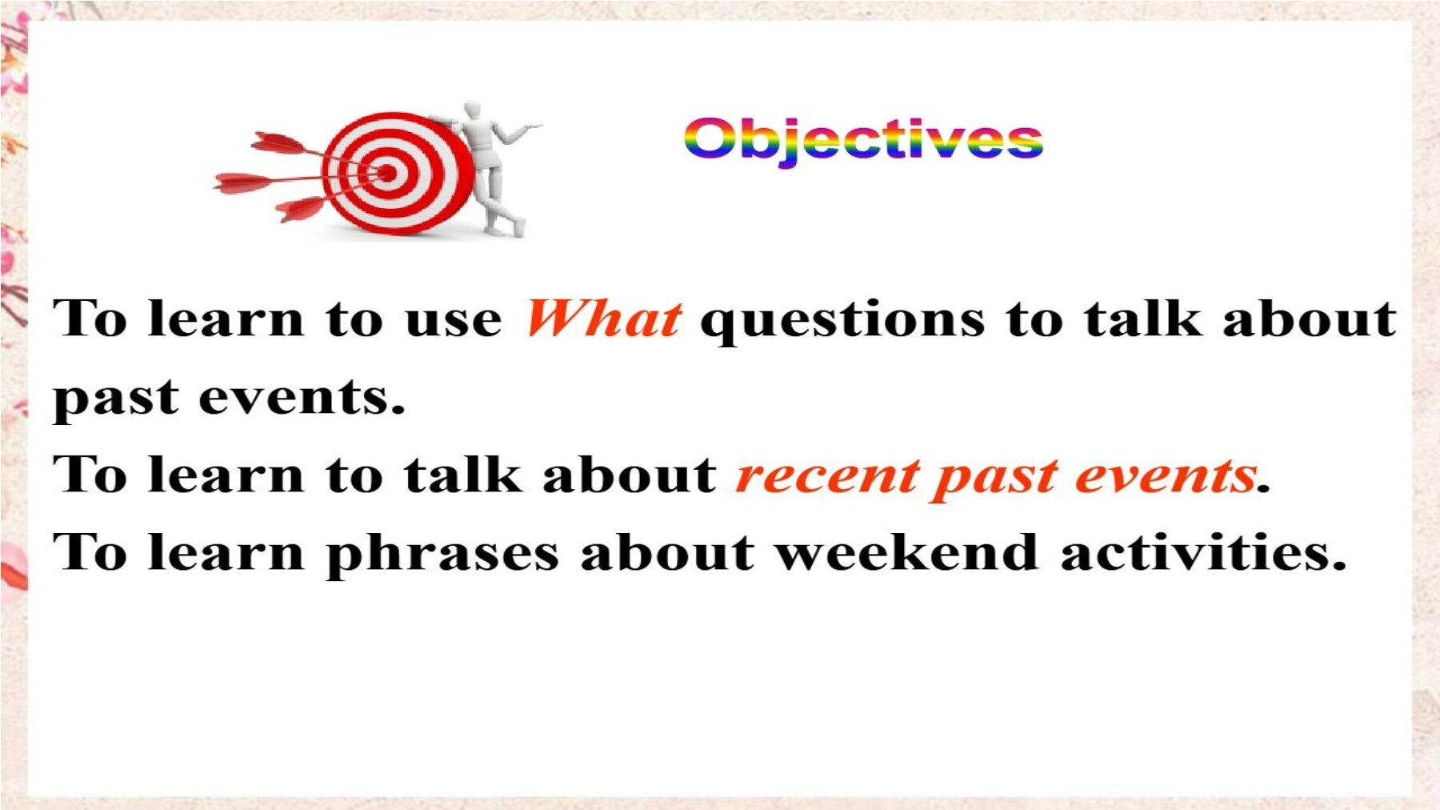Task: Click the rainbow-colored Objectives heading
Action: (x=863, y=141)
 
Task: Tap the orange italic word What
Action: (x=604, y=318)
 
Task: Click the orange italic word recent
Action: (x=827, y=475)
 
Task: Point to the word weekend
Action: (x=907, y=551)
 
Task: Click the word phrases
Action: (x=442, y=554)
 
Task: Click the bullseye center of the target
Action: (x=387, y=173)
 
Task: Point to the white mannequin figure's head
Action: (x=474, y=110)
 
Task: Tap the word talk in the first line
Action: (x=1143, y=318)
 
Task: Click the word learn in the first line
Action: (x=226, y=318)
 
